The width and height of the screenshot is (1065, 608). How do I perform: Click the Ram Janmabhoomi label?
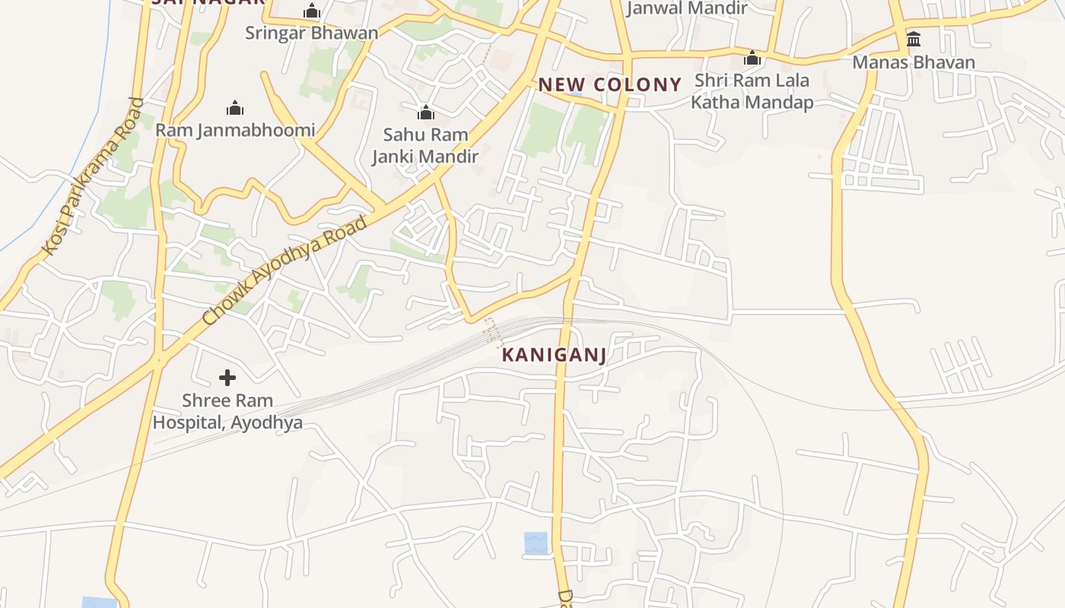(x=235, y=130)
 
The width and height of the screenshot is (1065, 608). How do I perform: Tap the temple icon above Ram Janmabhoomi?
(x=235, y=108)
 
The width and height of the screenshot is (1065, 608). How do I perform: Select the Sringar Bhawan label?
(x=311, y=33)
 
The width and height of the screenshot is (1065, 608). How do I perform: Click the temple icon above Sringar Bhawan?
(x=311, y=11)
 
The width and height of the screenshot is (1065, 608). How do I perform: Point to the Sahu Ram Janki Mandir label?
(x=425, y=145)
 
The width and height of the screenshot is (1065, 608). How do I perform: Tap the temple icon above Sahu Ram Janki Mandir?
(x=426, y=113)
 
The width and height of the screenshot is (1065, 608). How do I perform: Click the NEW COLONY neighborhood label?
(x=610, y=84)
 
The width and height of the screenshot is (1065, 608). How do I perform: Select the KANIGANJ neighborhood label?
(x=554, y=355)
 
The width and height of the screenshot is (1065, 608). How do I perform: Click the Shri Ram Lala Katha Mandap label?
(x=752, y=91)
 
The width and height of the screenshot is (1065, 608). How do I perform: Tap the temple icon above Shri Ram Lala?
(x=752, y=58)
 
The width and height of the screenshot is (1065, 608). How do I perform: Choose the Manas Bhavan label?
(x=914, y=62)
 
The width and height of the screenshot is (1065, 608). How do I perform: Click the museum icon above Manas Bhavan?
(x=914, y=39)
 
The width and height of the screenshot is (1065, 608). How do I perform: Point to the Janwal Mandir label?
(x=687, y=8)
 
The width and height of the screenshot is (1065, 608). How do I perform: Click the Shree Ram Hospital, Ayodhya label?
(x=227, y=411)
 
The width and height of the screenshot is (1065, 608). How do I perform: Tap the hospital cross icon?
(x=227, y=377)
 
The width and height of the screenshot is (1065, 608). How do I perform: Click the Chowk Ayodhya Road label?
(x=286, y=271)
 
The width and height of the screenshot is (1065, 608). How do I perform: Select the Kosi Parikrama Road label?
(x=93, y=176)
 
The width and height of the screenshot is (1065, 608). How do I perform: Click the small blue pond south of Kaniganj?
(x=536, y=543)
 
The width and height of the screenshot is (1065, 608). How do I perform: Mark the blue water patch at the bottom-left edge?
(x=99, y=603)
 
